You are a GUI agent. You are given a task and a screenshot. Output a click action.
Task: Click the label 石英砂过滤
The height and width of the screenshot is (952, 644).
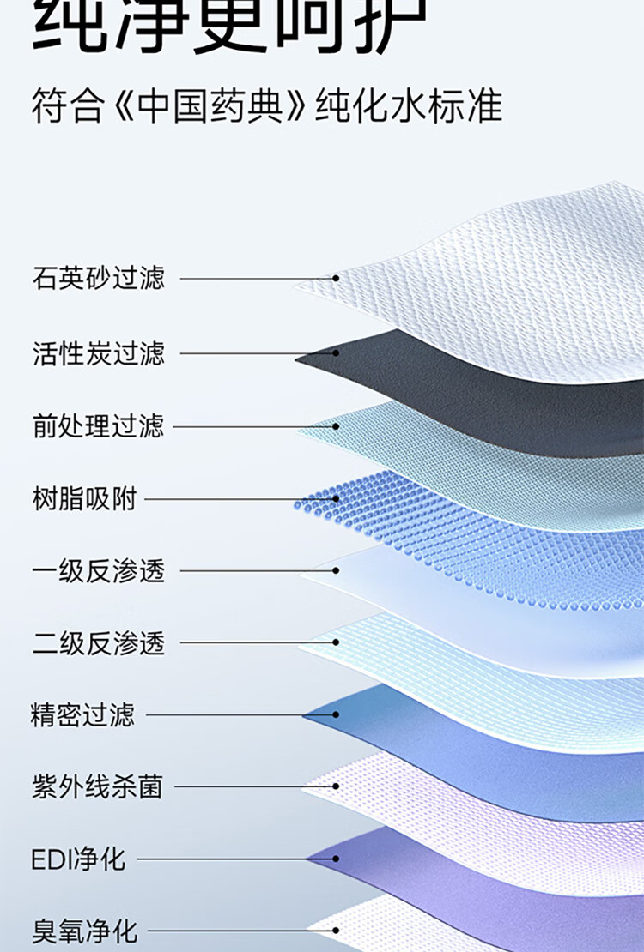click(x=99, y=279)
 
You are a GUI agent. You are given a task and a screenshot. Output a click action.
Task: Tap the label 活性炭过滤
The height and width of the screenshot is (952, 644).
click(x=99, y=352)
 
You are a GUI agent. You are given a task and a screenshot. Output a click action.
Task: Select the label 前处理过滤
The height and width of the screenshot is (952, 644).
click(x=99, y=426)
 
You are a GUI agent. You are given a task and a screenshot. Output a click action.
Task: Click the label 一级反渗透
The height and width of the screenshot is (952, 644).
click(x=99, y=571)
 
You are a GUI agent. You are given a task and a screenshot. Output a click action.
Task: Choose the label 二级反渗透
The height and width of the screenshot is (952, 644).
click(x=99, y=643)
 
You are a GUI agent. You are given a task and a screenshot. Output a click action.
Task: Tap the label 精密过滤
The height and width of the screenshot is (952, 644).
click(x=83, y=714)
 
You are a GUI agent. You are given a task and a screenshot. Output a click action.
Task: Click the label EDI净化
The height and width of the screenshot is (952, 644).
click(x=78, y=859)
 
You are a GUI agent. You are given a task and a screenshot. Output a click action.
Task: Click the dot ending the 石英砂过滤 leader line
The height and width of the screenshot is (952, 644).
click(x=336, y=279)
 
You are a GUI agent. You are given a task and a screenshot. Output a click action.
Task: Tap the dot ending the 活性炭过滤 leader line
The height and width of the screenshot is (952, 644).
click(x=336, y=352)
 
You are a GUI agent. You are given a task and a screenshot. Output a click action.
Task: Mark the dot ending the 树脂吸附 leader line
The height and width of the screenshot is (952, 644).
click(x=336, y=498)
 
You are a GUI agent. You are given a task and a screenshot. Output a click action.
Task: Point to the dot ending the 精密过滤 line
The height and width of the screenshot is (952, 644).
click(x=336, y=714)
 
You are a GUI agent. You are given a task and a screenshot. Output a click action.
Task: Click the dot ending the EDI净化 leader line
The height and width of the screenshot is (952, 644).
click(x=336, y=859)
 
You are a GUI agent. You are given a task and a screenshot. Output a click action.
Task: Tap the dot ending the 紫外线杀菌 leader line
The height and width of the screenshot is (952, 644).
click(x=336, y=786)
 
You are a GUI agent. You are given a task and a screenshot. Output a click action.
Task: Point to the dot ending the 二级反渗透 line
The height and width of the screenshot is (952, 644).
click(x=336, y=643)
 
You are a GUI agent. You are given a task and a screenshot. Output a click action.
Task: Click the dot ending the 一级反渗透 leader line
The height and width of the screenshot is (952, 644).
click(x=336, y=571)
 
